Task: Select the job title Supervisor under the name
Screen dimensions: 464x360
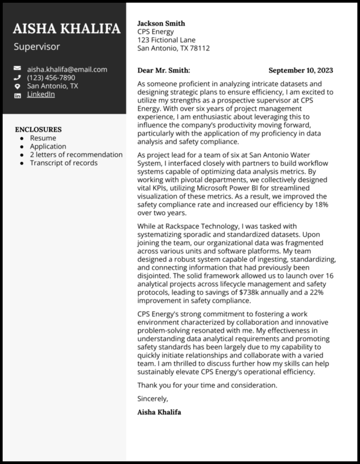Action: [36, 47]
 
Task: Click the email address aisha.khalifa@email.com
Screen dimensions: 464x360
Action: [67, 69]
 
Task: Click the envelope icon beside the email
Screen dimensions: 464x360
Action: [17, 69]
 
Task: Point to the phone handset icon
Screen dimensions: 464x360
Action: [17, 78]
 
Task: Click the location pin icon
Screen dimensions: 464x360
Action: [17, 87]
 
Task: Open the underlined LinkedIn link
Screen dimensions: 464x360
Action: [41, 95]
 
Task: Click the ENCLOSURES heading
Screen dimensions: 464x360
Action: [38, 129]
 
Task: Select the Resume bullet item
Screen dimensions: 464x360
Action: [43, 138]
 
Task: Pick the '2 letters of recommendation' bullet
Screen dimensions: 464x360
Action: [76, 154]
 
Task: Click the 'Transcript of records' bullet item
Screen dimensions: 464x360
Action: [63, 163]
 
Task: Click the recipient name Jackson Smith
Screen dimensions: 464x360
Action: [161, 23]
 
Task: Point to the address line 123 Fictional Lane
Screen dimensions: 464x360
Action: [166, 40]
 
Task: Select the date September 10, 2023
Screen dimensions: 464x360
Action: [301, 71]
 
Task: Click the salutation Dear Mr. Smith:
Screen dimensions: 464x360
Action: [163, 71]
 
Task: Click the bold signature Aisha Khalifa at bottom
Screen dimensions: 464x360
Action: [159, 412]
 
